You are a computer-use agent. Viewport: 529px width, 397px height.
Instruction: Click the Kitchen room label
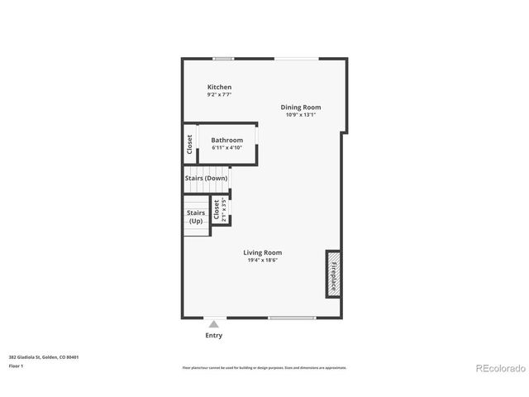point(219,87)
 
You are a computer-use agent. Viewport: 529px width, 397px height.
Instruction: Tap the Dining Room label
point(300,107)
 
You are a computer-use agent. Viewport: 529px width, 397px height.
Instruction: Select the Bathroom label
point(226,140)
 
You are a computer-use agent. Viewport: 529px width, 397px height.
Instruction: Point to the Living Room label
point(262,252)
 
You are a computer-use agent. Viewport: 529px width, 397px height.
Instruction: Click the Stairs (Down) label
point(206,179)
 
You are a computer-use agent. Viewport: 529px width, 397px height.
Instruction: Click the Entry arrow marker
point(213,324)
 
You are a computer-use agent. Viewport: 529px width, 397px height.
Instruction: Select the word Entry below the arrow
point(213,336)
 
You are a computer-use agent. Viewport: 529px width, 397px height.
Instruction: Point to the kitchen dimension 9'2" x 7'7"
point(219,95)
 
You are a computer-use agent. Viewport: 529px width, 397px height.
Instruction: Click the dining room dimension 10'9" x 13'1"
point(300,115)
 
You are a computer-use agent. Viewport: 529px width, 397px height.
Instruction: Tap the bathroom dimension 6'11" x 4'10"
point(226,148)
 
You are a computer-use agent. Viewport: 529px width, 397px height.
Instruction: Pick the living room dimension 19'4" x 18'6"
point(262,261)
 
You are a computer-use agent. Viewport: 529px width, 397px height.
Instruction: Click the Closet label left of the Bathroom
point(189,145)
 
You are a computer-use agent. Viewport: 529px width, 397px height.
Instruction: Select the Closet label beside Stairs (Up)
point(217,209)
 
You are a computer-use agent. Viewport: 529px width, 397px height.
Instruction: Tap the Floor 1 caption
point(17,366)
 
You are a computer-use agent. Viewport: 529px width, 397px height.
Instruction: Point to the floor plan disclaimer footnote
point(264,367)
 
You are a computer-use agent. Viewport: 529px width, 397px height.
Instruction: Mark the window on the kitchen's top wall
point(222,58)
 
